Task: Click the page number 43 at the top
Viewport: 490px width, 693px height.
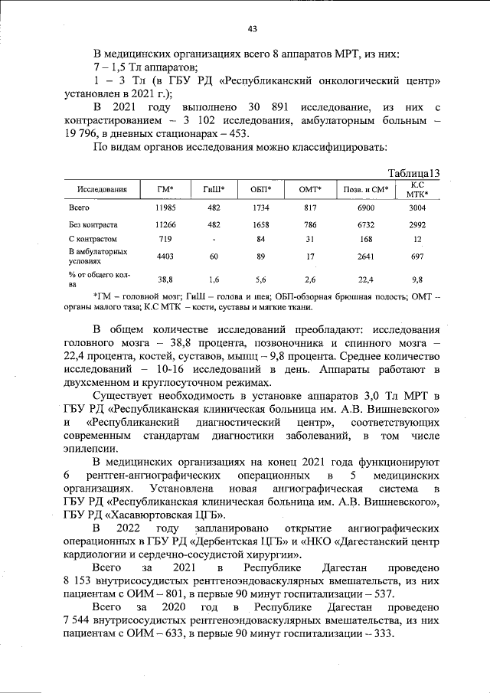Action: coord(252,29)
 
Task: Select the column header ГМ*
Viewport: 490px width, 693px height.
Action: coord(164,190)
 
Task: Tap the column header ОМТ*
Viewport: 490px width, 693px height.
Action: coord(309,190)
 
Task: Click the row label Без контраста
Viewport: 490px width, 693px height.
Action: coord(93,225)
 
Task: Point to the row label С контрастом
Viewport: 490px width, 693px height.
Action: coord(91,240)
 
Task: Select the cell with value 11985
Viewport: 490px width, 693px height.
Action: coord(165,208)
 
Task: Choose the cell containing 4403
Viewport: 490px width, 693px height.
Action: coord(165,257)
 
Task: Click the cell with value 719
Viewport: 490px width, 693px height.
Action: coord(165,240)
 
